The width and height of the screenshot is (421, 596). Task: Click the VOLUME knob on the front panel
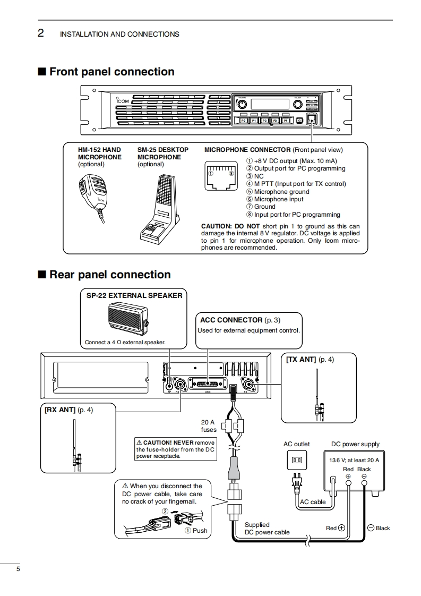pos(242,104)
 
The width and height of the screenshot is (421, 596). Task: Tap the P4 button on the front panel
pos(285,121)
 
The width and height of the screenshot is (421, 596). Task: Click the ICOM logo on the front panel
pos(122,100)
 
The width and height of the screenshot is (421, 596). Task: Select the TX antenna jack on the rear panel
pos(247,384)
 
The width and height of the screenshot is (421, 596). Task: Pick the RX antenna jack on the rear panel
pos(182,385)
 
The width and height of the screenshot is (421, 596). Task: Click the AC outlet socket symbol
pos(297,459)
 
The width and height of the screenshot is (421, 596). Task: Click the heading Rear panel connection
pos(110,275)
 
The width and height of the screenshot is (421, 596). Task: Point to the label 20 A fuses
pos(209,426)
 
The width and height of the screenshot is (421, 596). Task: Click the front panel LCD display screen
pos(270,104)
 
